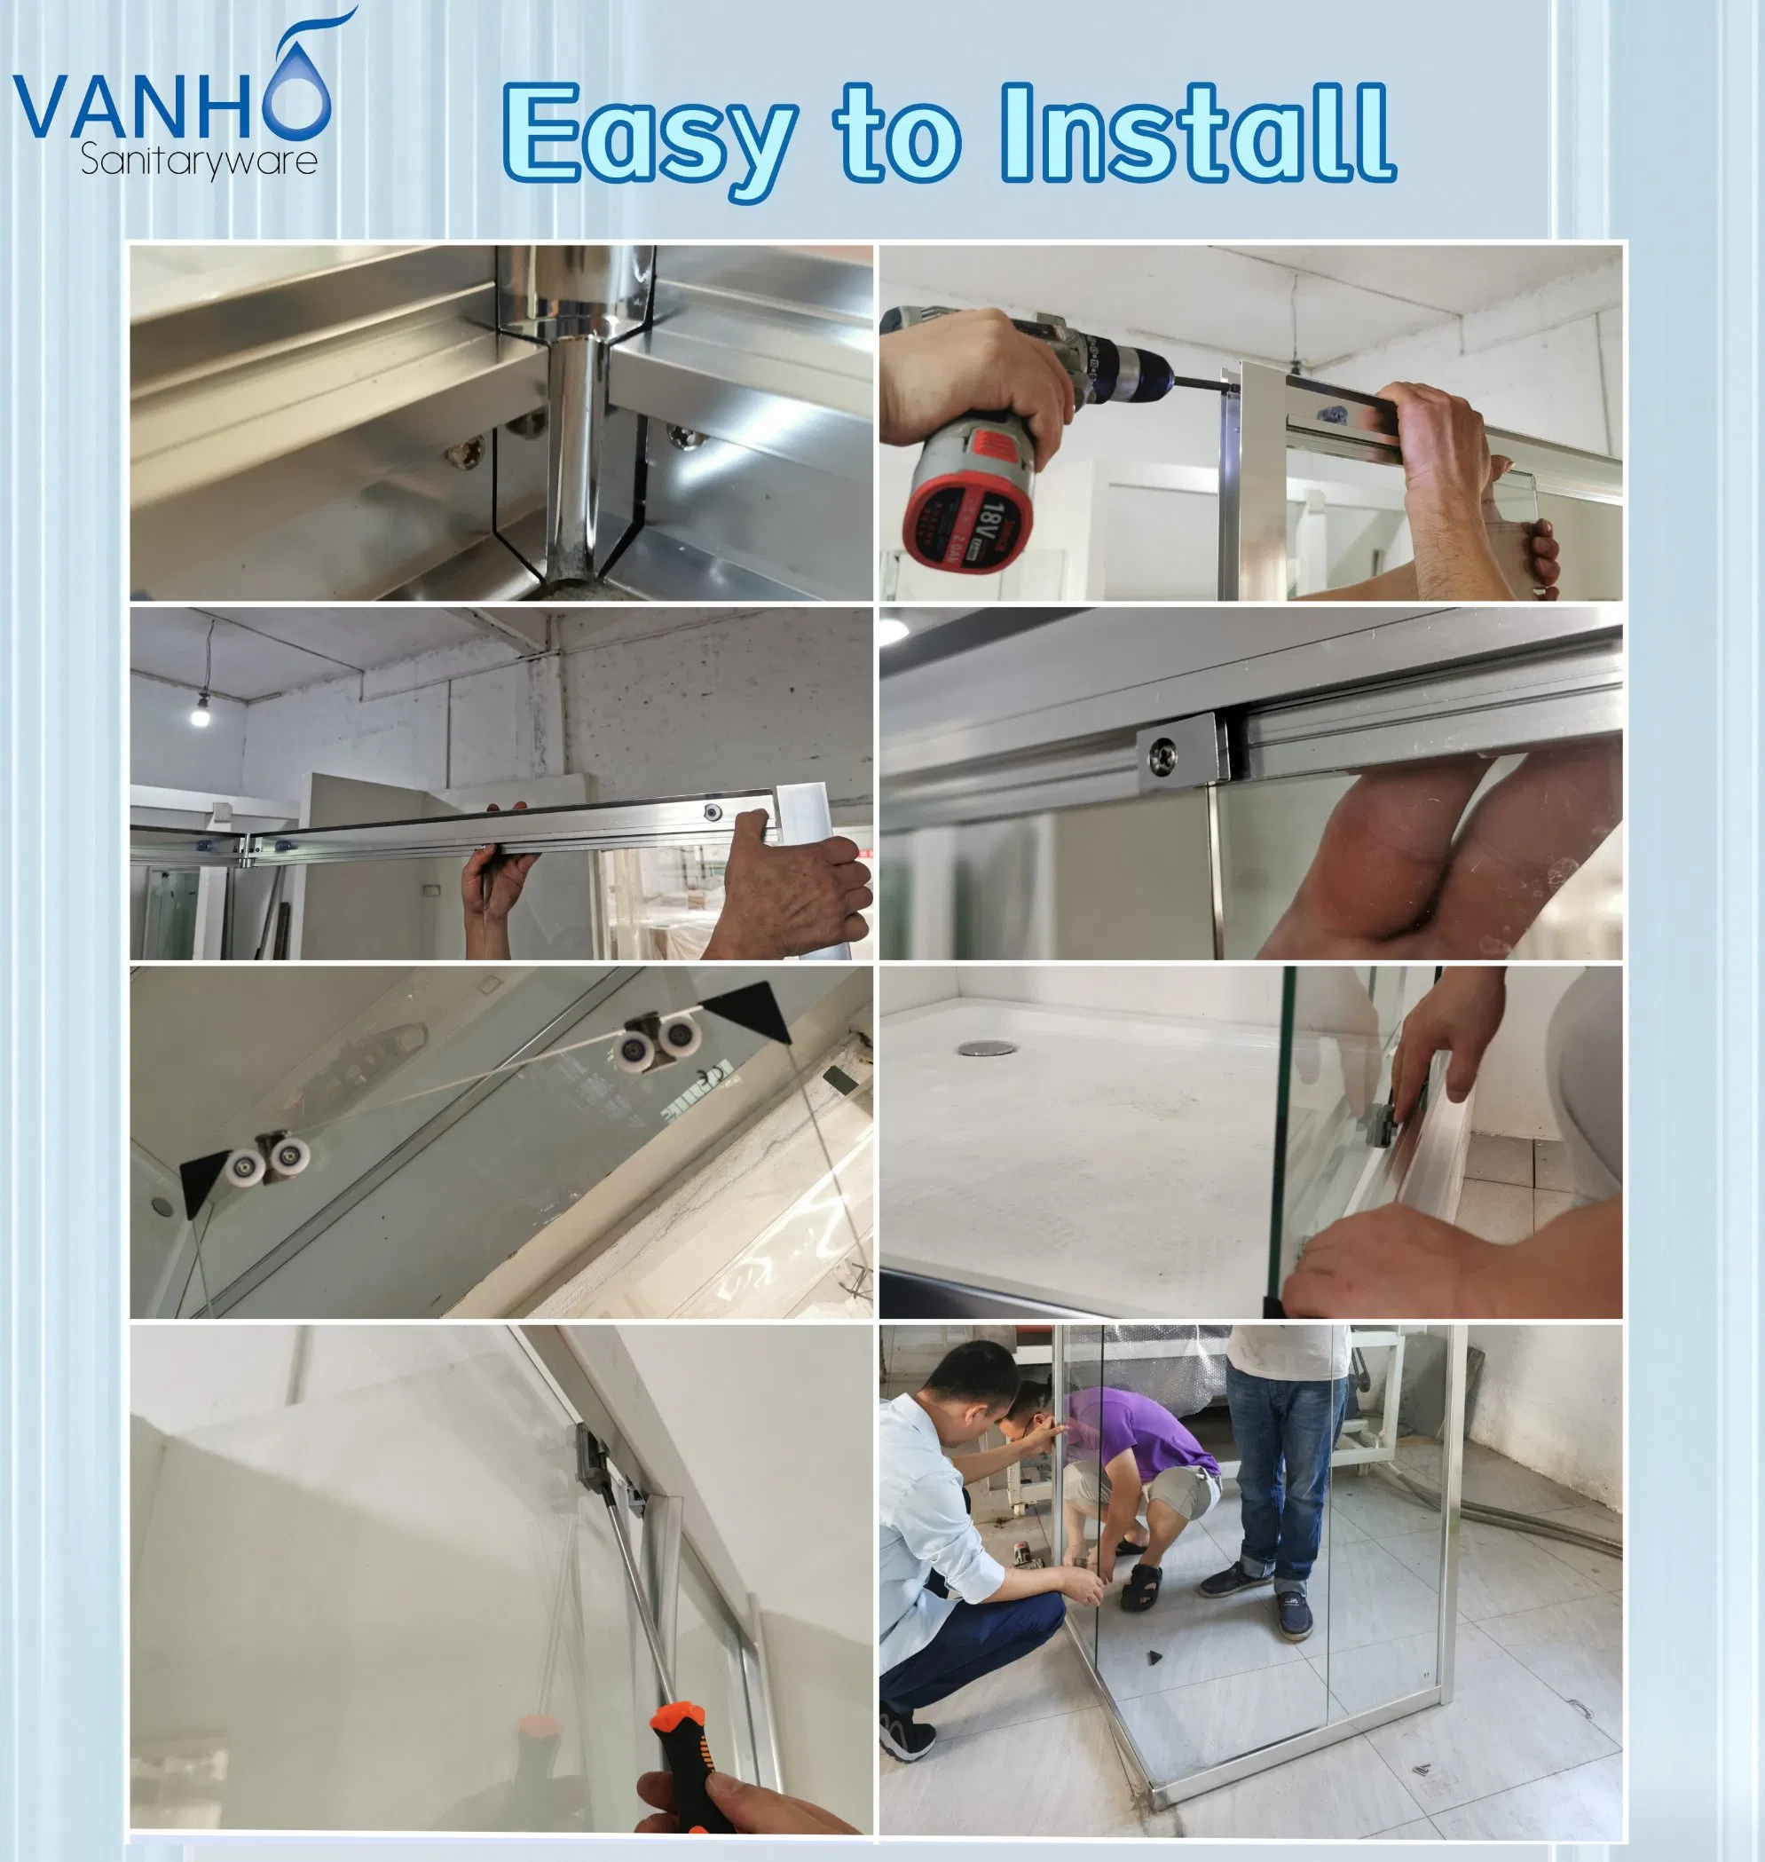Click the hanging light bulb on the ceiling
200,714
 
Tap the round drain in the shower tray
987,1048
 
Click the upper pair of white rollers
658,1038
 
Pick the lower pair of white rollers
268,1159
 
